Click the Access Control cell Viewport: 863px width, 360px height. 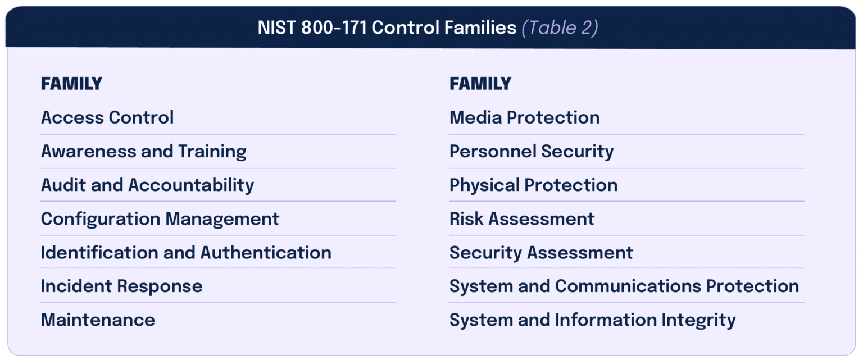tap(107, 117)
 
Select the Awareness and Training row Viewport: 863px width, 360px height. tap(144, 151)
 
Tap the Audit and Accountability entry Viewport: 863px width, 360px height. tap(147, 185)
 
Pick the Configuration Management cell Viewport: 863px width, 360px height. tap(160, 218)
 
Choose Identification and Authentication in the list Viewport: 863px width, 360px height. tap(186, 252)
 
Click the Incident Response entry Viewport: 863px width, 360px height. tap(121, 286)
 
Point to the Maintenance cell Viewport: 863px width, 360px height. tap(98, 320)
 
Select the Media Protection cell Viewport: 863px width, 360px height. tap(524, 117)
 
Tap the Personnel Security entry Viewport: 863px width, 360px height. tap(532, 151)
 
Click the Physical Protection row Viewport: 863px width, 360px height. tap(533, 185)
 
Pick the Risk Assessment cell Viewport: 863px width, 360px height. tap(522, 218)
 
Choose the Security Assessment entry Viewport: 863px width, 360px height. tap(541, 252)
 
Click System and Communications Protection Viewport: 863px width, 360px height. tap(624, 286)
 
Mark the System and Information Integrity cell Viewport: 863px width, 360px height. tap(592, 320)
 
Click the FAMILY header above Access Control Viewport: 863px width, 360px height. tap(71, 84)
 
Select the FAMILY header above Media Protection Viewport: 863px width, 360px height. tap(480, 84)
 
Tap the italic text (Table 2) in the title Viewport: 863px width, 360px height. tap(560, 28)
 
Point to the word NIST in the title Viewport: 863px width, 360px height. tap(276, 28)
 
